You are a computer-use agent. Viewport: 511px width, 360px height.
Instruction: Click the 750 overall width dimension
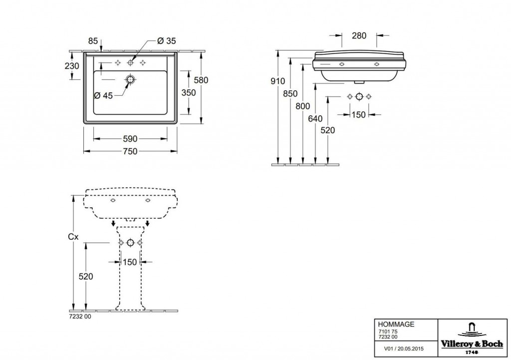(x=130, y=151)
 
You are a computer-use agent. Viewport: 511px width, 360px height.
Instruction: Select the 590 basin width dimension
(x=130, y=139)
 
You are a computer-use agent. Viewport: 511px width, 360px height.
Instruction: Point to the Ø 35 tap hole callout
(x=167, y=41)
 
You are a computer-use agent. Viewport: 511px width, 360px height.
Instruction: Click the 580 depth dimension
(x=201, y=80)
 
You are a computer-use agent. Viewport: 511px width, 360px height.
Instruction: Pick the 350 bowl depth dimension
(x=189, y=92)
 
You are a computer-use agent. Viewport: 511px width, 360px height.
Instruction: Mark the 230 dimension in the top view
(x=72, y=66)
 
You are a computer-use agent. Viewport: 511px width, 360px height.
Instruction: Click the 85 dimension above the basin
(x=93, y=41)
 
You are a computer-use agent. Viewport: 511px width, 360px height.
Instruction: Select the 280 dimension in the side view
(x=359, y=35)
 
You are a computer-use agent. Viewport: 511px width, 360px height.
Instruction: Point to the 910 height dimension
(x=277, y=81)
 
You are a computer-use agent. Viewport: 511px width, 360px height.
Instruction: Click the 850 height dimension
(x=290, y=93)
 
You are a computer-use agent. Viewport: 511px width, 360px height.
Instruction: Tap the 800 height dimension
(x=303, y=106)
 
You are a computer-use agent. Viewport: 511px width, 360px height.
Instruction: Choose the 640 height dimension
(x=315, y=118)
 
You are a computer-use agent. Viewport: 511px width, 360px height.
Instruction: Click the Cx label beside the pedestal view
(x=73, y=237)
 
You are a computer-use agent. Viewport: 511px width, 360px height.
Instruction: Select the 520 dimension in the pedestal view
(x=86, y=277)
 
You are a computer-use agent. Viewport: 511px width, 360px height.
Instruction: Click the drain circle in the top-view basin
(x=130, y=79)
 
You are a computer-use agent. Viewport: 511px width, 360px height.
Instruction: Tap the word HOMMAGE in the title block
(x=396, y=325)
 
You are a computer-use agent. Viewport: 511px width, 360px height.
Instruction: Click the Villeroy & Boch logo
(x=472, y=338)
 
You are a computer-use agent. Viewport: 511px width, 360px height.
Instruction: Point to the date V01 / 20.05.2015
(x=404, y=349)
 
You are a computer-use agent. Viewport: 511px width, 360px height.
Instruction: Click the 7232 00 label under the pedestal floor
(x=80, y=317)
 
